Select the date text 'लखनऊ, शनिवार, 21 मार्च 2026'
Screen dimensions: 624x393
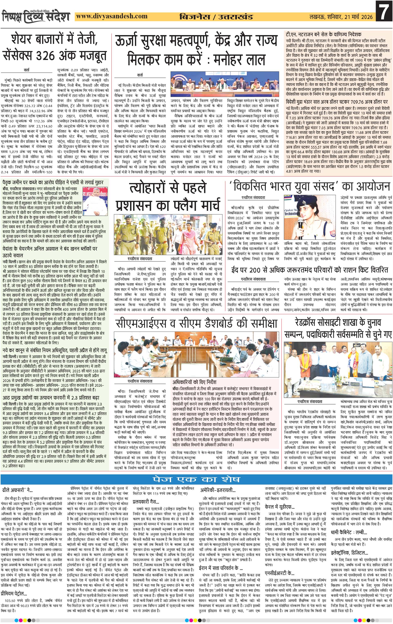(x=341, y=17)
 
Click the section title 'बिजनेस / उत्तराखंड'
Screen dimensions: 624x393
(x=216, y=17)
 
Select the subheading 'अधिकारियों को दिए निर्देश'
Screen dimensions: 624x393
(x=194, y=382)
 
